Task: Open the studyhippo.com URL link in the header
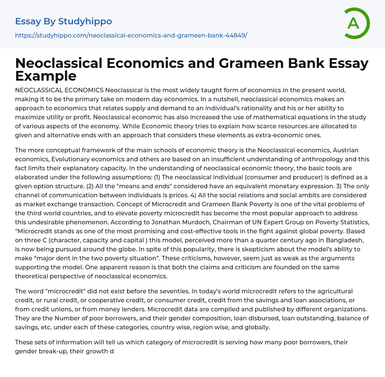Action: [x=131, y=35]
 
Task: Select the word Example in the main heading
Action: [x=46, y=76]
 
